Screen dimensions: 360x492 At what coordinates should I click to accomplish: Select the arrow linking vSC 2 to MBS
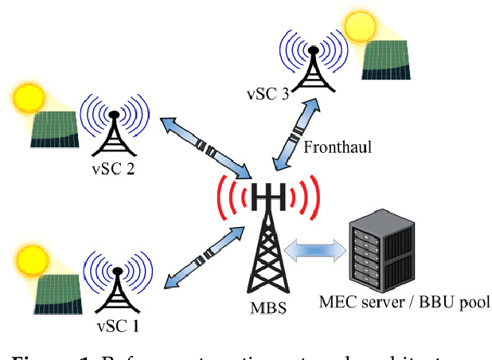pyautogui.click(x=205, y=148)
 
